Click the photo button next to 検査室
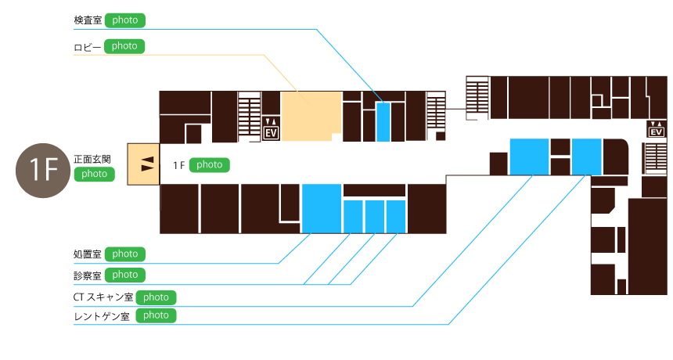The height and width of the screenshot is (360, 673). (124, 20)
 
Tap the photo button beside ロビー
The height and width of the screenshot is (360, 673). (124, 46)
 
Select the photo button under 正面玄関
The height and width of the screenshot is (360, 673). (94, 174)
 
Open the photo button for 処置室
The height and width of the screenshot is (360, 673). (124, 254)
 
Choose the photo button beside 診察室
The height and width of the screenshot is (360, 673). (124, 275)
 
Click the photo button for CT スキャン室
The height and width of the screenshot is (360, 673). (156, 297)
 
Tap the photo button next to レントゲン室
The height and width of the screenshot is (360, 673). (156, 315)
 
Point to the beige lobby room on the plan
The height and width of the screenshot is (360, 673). (311, 115)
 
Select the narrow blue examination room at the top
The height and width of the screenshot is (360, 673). (383, 121)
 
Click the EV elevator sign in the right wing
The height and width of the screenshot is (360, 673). (656, 129)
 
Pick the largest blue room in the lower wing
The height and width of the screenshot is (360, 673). (322, 207)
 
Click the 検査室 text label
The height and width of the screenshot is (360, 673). (87, 20)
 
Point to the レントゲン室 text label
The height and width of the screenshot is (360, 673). (101, 316)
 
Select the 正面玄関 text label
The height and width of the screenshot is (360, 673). (92, 159)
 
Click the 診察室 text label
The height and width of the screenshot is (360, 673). (87, 275)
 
